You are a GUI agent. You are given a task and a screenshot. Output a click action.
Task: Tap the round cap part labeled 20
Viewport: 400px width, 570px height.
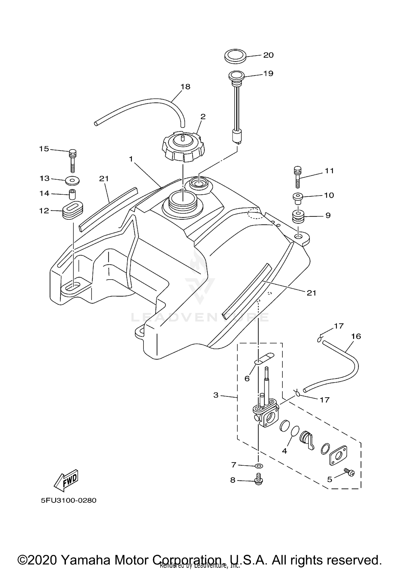235,56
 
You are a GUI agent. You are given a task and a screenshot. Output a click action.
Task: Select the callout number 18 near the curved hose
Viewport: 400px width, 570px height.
185,87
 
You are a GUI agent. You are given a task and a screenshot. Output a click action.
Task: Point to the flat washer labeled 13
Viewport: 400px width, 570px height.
72,181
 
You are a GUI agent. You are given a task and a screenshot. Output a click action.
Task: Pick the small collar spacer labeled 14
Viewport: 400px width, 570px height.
72,194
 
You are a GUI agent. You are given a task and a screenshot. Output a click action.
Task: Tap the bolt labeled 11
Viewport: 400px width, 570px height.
298,177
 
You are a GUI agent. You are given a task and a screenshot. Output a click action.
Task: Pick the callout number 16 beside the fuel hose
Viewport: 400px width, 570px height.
356,336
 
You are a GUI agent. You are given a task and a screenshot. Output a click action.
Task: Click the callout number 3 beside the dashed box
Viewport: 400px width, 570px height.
216,395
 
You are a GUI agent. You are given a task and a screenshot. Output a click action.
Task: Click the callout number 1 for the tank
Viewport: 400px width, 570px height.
131,159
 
